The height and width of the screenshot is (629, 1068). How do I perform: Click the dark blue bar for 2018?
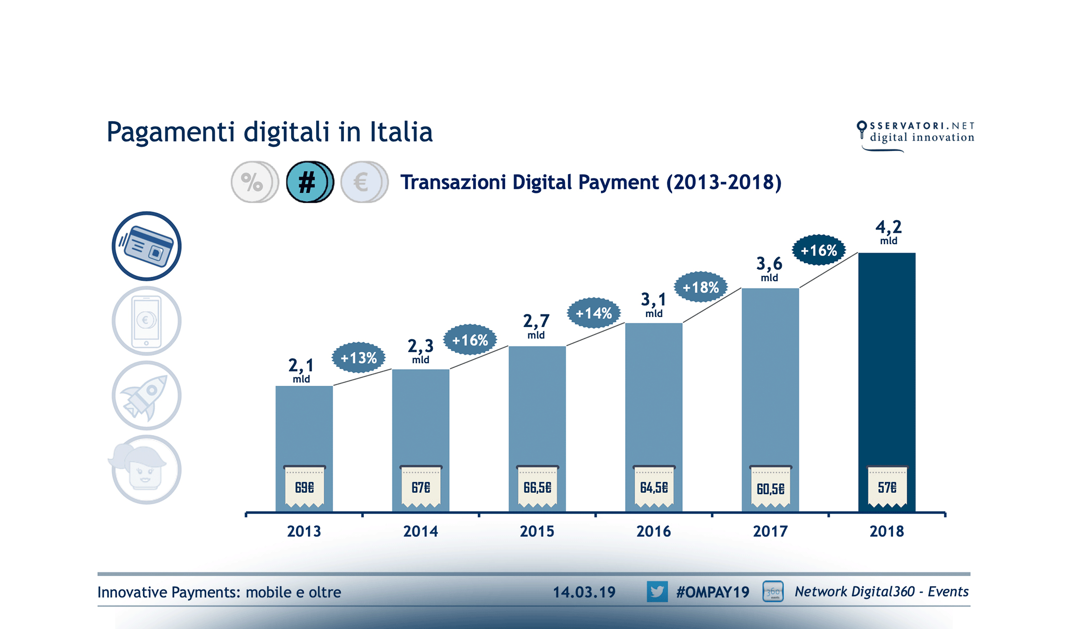[887, 356]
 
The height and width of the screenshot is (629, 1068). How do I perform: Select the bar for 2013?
[304, 425]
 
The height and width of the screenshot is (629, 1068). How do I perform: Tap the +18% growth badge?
[700, 287]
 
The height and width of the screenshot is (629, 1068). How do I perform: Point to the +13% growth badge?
[359, 358]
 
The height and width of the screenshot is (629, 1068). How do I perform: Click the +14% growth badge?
[594, 313]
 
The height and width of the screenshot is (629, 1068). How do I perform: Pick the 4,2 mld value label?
[888, 232]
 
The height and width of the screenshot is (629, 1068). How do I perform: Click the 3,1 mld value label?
[653, 304]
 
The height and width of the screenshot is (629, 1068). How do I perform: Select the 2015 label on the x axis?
[537, 532]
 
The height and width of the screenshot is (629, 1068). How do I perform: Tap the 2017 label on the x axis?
[770, 532]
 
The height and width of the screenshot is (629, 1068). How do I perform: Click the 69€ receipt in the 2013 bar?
[304, 487]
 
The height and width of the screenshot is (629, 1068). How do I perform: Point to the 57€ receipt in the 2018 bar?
[887, 487]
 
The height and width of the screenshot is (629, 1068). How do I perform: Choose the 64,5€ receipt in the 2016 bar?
[654, 487]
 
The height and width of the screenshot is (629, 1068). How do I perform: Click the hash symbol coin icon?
[309, 182]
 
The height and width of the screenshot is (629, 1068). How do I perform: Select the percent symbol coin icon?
[253, 182]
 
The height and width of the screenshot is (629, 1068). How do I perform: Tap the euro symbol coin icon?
[363, 182]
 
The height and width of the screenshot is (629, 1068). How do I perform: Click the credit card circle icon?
[147, 246]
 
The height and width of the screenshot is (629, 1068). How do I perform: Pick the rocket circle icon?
[147, 395]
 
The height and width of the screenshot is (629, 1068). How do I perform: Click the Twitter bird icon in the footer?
[657, 592]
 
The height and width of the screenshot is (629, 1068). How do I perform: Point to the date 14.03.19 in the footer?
[584, 592]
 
